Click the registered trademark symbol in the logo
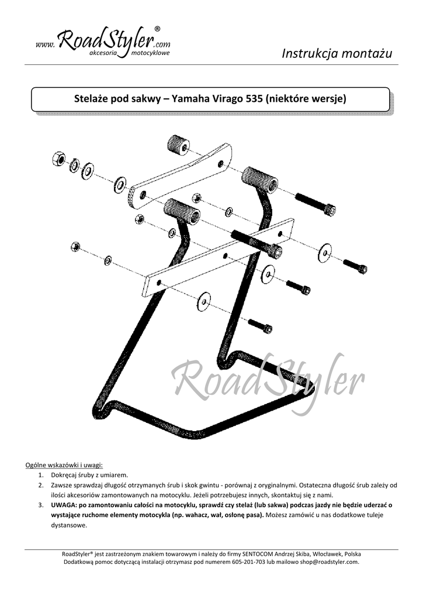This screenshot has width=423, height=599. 158,29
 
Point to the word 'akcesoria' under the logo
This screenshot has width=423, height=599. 103,53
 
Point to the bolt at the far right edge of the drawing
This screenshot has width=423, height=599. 355,266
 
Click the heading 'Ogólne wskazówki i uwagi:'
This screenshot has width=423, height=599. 64,465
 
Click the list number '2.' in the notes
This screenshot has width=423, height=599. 41,485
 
